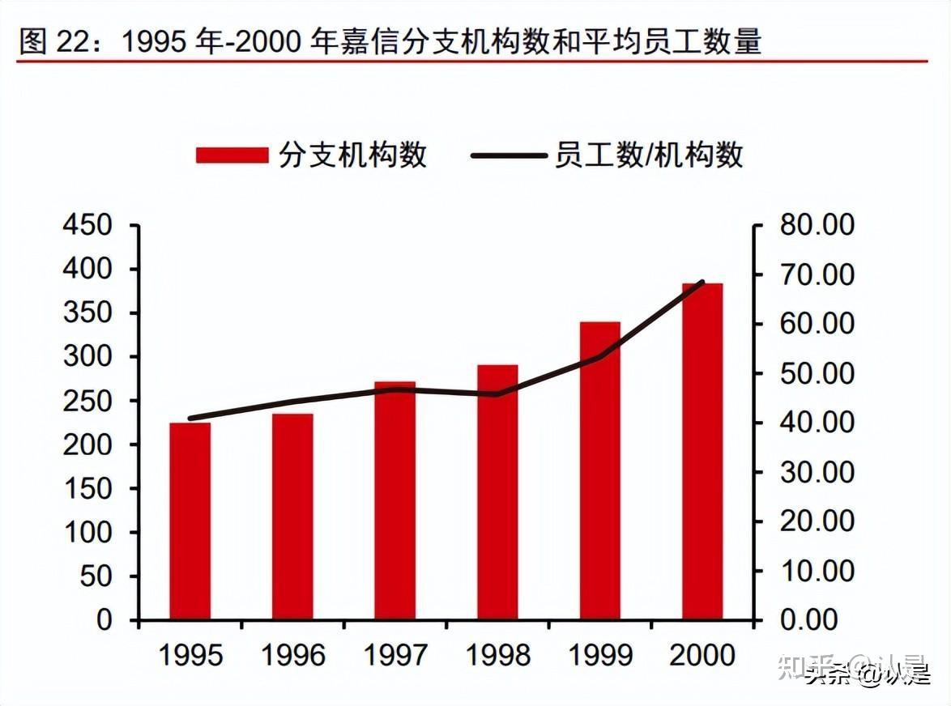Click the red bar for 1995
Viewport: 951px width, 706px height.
click(x=190, y=521)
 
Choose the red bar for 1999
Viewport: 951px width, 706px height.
click(x=599, y=470)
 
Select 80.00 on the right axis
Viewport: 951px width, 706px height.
click(x=817, y=225)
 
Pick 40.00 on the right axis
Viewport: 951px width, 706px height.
click(x=817, y=423)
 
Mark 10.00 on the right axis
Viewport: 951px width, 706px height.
click(x=817, y=571)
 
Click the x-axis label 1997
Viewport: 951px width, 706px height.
click(x=394, y=655)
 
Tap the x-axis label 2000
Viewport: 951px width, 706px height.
click(x=702, y=655)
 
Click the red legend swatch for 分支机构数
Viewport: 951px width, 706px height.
click(x=232, y=155)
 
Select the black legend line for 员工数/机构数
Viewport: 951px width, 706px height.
click(x=507, y=155)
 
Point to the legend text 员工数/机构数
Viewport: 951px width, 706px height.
click(x=648, y=155)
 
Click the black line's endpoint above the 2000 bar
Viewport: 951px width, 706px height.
click(x=702, y=283)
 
